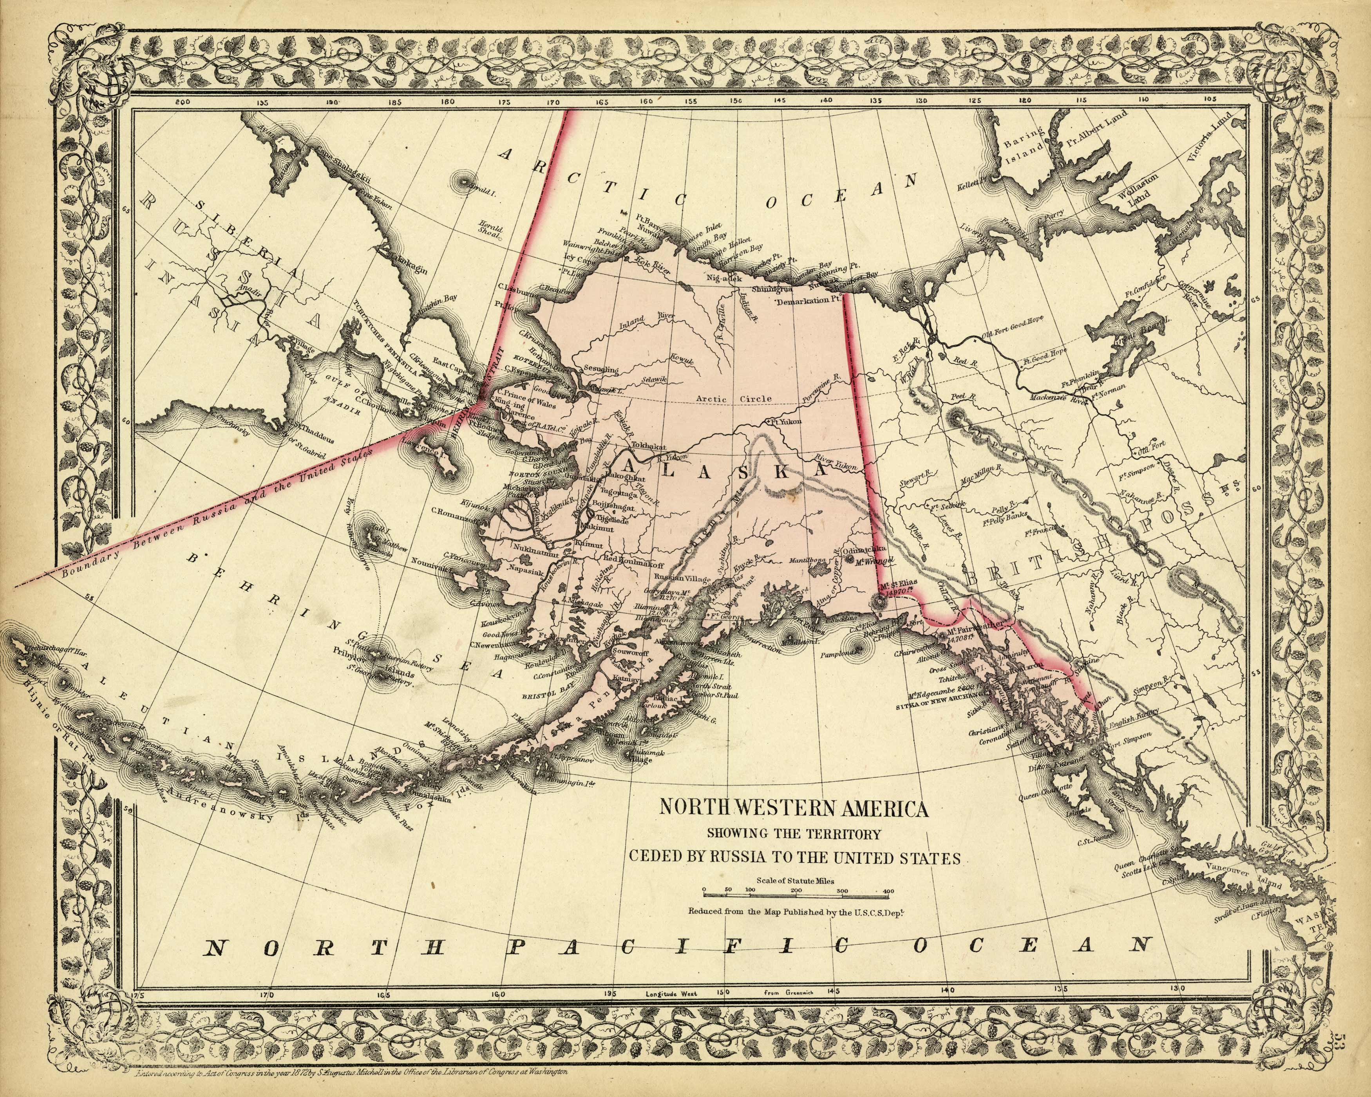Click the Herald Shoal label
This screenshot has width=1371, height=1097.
coord(491,233)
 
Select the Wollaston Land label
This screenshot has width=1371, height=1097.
coord(1138,191)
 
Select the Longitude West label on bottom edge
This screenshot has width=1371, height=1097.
coord(671,993)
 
